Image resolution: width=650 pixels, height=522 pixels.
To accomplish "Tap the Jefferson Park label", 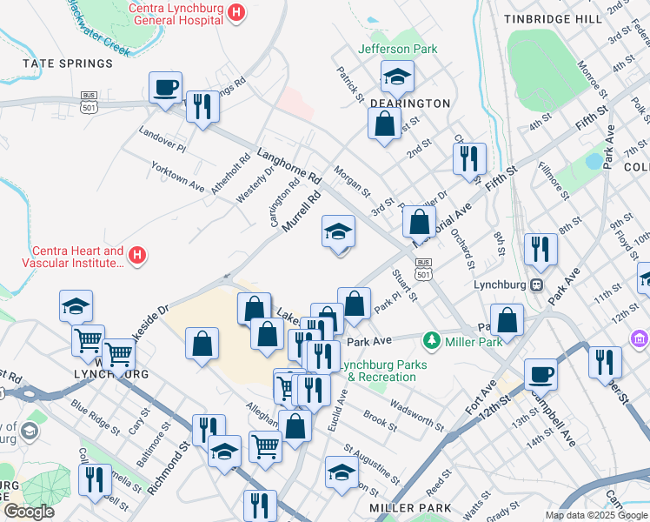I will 398,49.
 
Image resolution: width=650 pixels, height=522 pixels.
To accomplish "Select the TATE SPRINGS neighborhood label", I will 68,64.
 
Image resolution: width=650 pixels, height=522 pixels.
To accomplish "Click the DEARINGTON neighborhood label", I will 410,103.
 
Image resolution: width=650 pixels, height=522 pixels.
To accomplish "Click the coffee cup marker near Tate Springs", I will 165,87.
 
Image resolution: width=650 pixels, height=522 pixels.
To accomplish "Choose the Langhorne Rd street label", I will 289,164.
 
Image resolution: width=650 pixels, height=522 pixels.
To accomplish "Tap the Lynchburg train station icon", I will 537,284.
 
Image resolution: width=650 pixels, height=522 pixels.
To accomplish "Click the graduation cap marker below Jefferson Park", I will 397,77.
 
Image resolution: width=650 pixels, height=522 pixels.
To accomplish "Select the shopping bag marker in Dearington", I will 384,124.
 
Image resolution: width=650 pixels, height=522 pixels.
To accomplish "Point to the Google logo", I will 29,512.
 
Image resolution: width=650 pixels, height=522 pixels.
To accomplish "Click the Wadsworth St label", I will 417,418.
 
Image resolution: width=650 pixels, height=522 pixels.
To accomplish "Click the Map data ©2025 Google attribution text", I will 595,515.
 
